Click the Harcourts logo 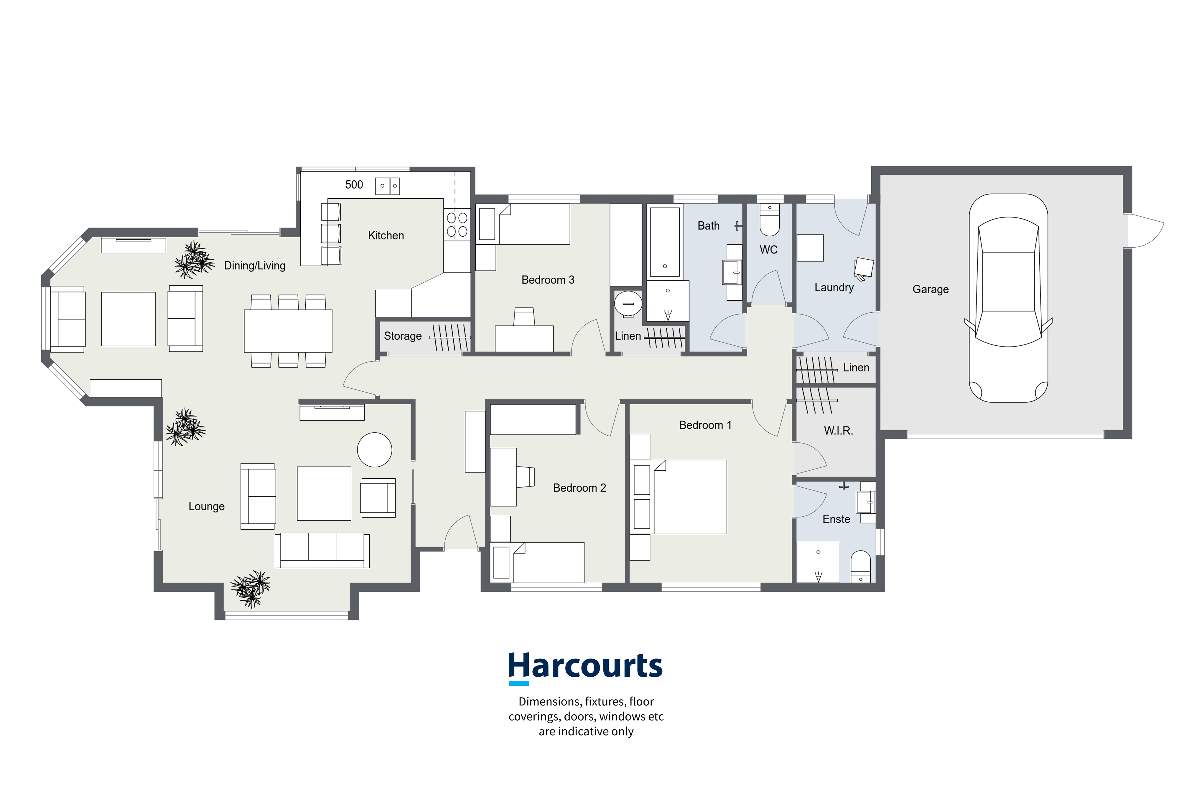(x=585, y=668)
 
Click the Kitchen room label (x=386, y=235)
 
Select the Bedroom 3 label (x=548, y=280)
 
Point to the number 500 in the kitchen (x=354, y=184)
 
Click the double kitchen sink (x=388, y=185)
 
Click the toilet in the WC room (x=770, y=219)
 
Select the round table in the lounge (x=374, y=450)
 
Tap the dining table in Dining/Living (x=288, y=331)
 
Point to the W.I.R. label (x=838, y=431)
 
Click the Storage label (x=403, y=336)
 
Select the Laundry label (x=834, y=287)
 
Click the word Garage (x=930, y=289)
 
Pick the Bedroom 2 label (x=579, y=488)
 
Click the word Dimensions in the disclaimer (x=550, y=701)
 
